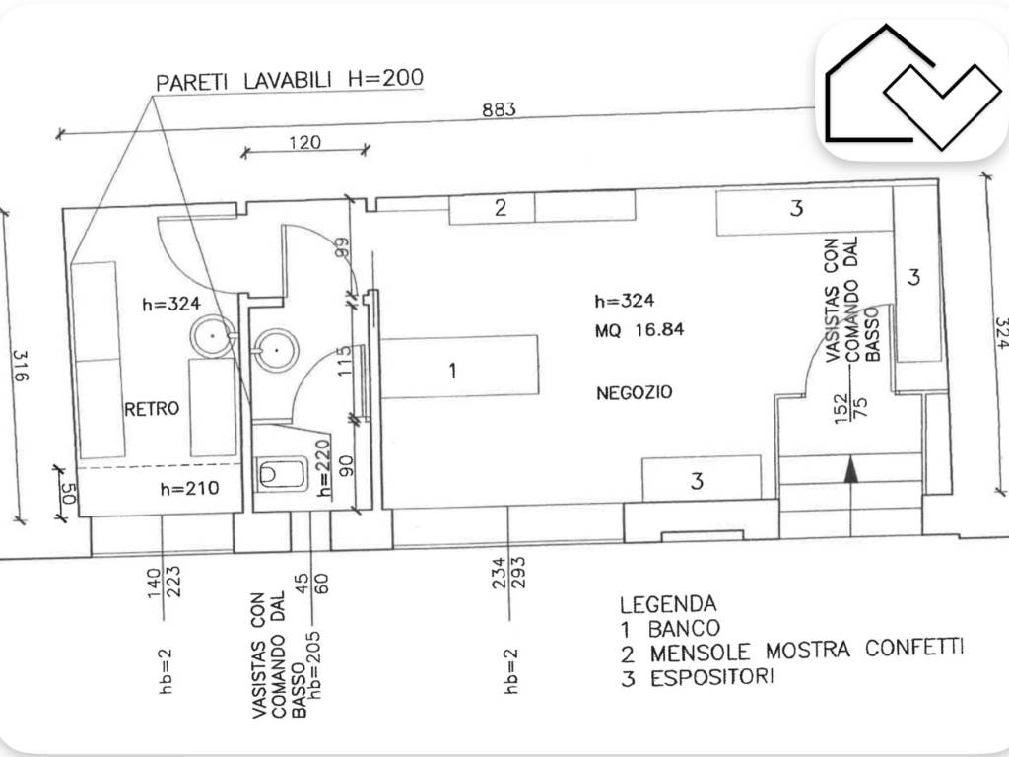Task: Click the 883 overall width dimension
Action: tap(499, 109)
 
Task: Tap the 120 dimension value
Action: tap(304, 142)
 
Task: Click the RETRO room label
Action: tap(152, 409)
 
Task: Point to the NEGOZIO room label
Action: tap(635, 392)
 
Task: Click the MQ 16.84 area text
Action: tap(639, 330)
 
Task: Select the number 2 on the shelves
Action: tap(501, 207)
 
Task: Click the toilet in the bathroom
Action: tap(281, 474)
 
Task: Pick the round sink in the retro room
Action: tap(213, 336)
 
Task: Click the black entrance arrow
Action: tap(851, 468)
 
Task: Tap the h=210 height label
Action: tap(190, 489)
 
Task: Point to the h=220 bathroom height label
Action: tap(324, 468)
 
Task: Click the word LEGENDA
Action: tap(668, 604)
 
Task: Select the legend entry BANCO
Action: tap(684, 628)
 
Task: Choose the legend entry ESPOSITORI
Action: tap(712, 678)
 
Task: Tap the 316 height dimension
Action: tap(21, 365)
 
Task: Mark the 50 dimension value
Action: tap(68, 493)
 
